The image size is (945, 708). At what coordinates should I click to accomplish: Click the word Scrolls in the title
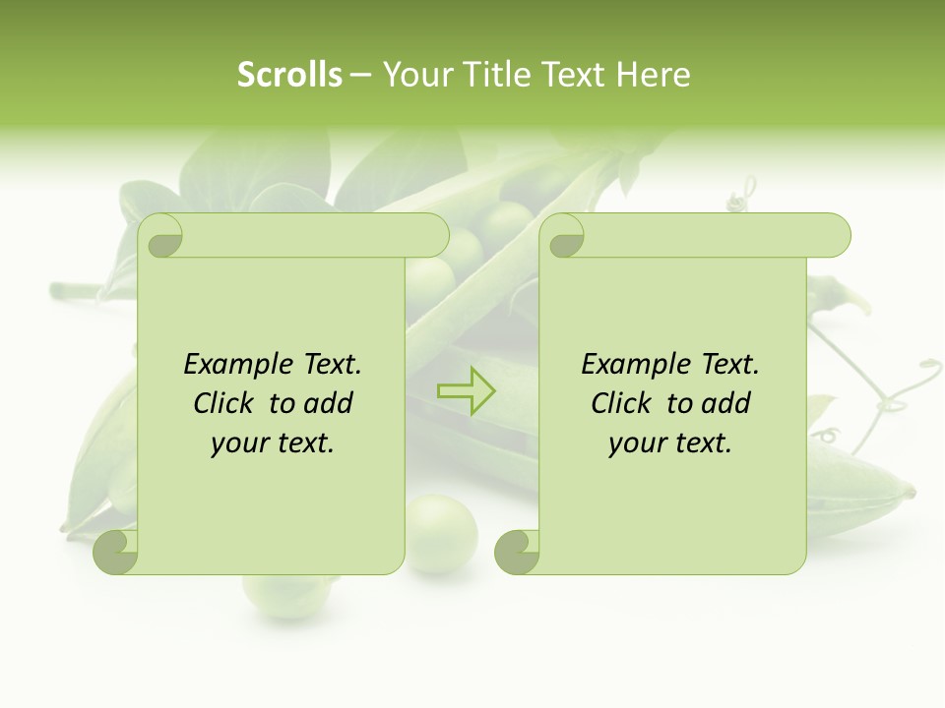pos(289,75)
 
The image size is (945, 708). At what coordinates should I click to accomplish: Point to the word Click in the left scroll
pos(228,403)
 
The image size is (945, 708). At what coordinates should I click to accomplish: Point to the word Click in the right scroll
pos(626,403)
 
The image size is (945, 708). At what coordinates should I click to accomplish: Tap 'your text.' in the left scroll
pos(273,443)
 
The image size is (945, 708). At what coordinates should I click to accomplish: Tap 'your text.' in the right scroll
pos(670,443)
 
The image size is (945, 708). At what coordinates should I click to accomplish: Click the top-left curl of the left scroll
pos(161,237)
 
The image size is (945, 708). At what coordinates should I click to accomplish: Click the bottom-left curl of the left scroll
pos(116,552)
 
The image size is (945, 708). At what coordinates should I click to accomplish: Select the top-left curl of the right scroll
pos(563,237)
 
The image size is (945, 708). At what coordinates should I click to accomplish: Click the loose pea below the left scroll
pos(441,534)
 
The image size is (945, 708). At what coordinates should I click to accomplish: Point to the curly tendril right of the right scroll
pos(896,393)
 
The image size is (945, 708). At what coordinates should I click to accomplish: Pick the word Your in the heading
pos(415,75)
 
